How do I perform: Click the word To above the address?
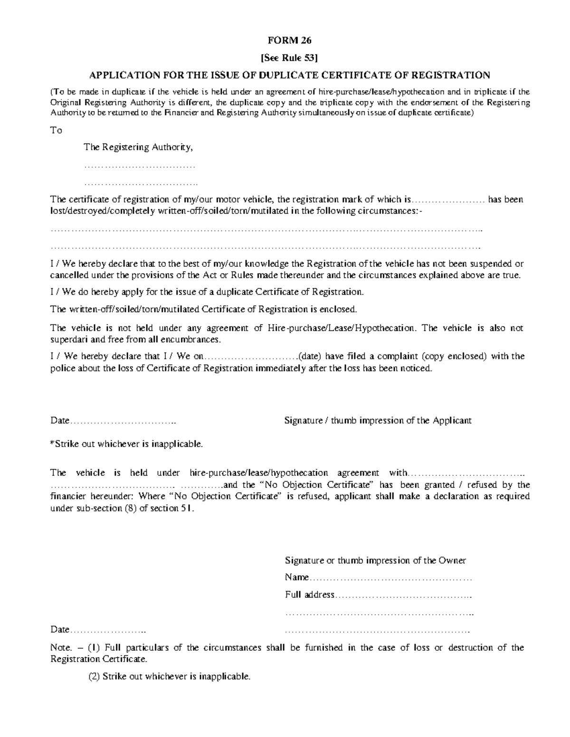57,130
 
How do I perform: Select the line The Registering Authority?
138,147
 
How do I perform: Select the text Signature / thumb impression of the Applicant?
378,420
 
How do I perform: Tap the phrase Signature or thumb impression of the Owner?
375,560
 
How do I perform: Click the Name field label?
296,578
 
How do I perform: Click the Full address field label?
310,595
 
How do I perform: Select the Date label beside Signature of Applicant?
60,421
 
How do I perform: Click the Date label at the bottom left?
60,630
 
